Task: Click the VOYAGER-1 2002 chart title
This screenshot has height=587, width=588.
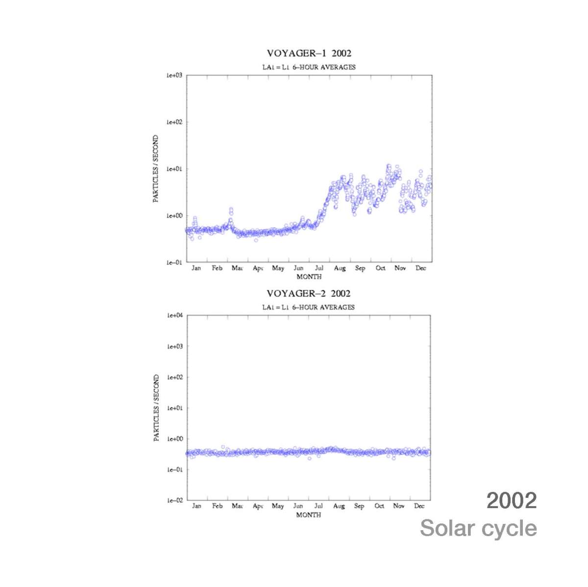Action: [309, 53]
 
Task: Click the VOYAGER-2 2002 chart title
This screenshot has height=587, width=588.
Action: [308, 294]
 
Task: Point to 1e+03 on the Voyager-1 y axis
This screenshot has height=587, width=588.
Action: [174, 75]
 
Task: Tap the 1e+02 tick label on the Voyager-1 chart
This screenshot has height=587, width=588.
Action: [174, 122]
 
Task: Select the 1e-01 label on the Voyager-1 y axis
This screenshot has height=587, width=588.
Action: [174, 262]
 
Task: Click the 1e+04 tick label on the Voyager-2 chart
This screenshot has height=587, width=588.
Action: [174, 316]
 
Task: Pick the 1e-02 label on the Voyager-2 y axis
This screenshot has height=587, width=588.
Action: [174, 500]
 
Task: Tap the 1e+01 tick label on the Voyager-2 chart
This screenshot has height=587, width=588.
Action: [174, 408]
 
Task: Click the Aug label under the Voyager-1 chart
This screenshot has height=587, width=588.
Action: [340, 268]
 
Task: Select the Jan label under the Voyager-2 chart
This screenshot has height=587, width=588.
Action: [196, 506]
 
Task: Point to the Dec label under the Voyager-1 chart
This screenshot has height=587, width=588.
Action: [420, 268]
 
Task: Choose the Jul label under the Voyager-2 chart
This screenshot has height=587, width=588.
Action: [318, 506]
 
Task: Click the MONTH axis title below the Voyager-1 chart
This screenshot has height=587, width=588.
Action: [309, 277]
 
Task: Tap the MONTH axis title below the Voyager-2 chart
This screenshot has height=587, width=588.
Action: [308, 515]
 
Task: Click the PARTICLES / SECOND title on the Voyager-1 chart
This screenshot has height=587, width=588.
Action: [156, 169]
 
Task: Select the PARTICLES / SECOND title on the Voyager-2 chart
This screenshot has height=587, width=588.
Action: [156, 408]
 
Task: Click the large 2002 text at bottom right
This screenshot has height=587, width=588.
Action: [511, 501]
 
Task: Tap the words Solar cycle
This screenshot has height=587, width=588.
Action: [478, 529]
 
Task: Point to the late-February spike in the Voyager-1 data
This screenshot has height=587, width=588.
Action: [231, 211]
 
